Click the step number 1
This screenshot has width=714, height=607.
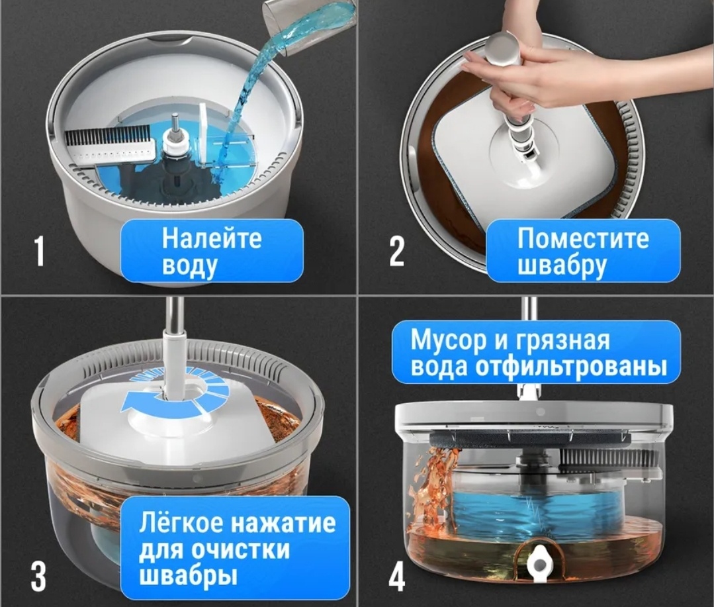[39, 252]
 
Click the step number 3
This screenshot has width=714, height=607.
[39, 575]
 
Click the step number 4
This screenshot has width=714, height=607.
[396, 575]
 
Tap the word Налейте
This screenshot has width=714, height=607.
[212, 238]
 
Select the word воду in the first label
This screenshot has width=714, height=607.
[189, 266]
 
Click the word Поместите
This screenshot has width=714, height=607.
[583, 238]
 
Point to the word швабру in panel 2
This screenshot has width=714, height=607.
[562, 265]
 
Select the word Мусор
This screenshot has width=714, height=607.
[447, 340]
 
